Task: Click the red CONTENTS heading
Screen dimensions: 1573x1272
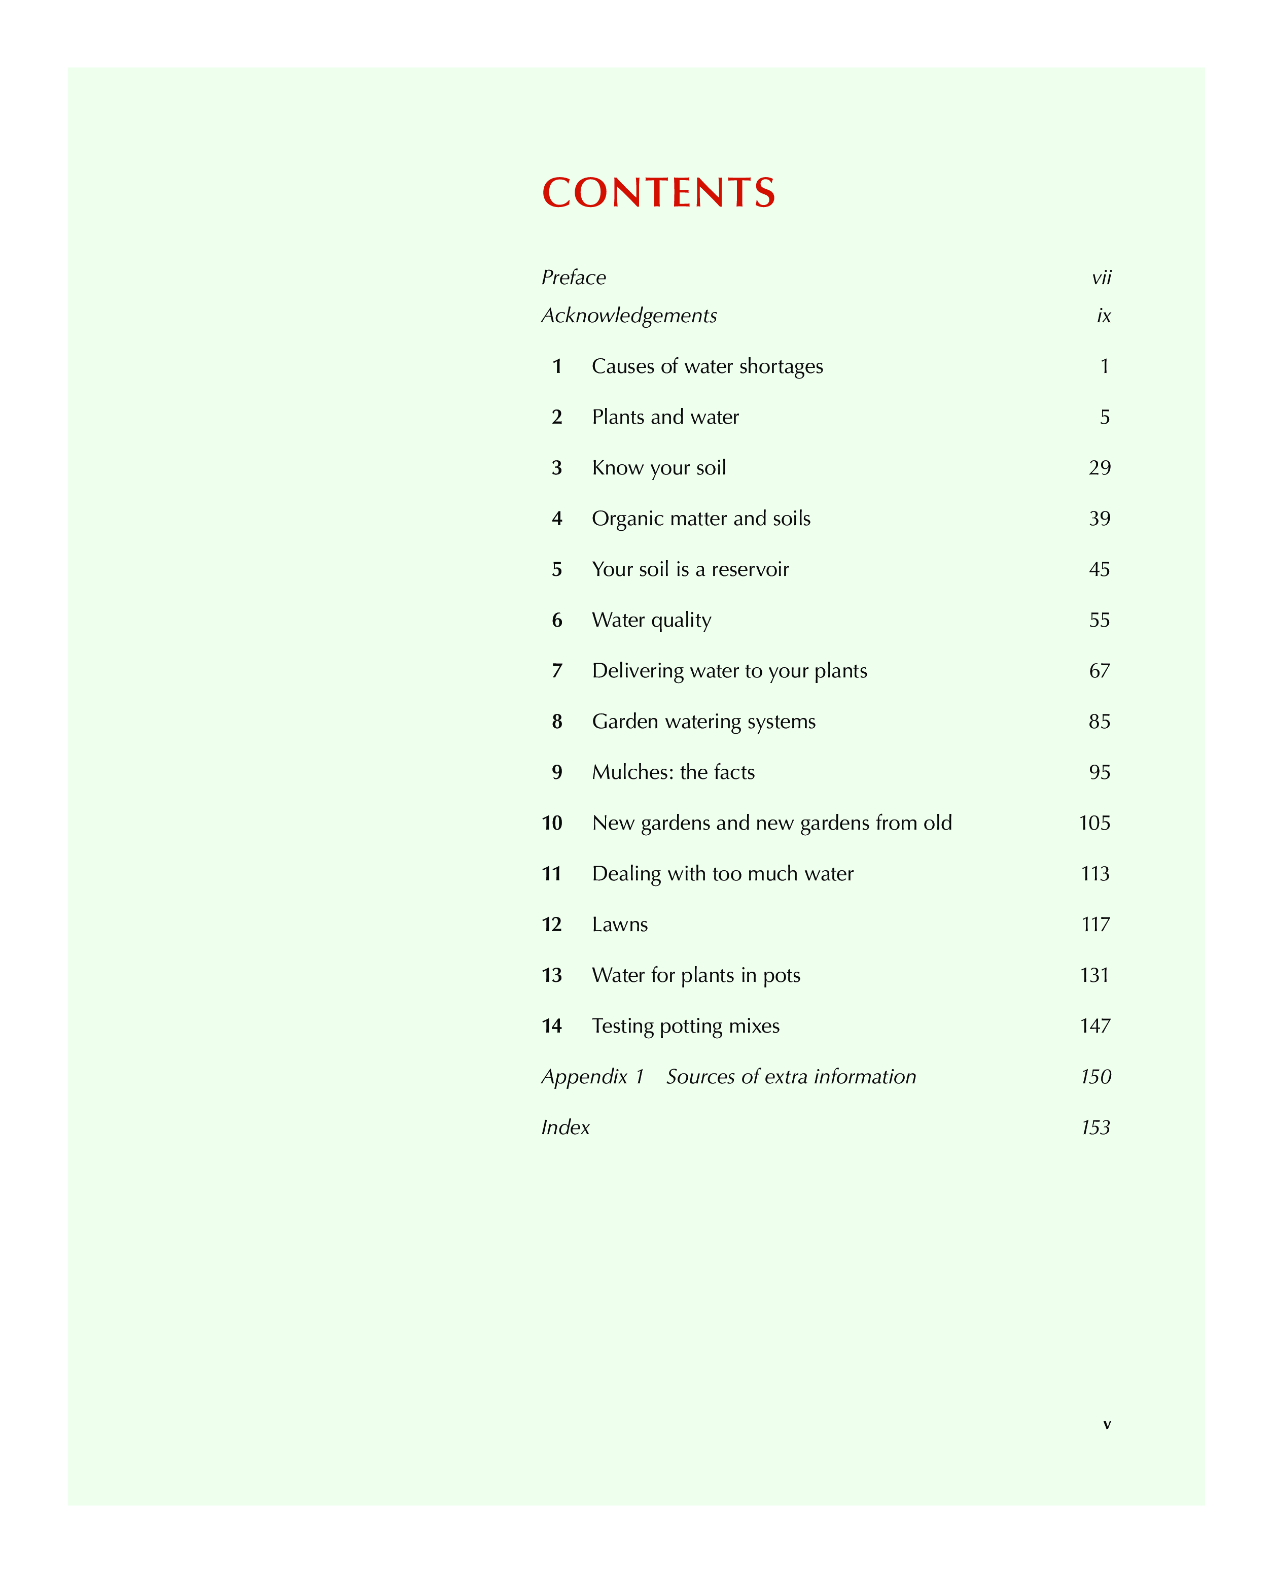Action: tap(658, 193)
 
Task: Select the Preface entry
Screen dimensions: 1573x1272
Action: tap(574, 278)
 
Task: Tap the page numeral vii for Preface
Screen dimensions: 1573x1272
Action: tap(1101, 278)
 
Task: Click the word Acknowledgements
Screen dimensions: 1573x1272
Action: tap(629, 316)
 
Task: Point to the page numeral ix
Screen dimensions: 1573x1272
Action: tap(1104, 316)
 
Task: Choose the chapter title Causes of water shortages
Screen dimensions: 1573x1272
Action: tap(707, 366)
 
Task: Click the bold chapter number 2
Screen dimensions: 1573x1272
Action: tap(557, 417)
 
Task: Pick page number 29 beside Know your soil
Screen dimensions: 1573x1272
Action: tap(1099, 468)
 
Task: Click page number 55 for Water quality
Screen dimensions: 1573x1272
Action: tap(1099, 620)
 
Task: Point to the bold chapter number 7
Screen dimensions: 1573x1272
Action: tap(557, 671)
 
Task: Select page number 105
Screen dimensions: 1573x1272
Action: tap(1094, 823)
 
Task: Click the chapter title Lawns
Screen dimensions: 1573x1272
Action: tap(620, 925)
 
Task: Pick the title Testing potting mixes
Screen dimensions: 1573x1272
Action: tap(685, 1026)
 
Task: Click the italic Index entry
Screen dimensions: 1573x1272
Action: tap(565, 1127)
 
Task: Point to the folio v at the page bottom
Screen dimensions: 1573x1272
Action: tap(1106, 1424)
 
